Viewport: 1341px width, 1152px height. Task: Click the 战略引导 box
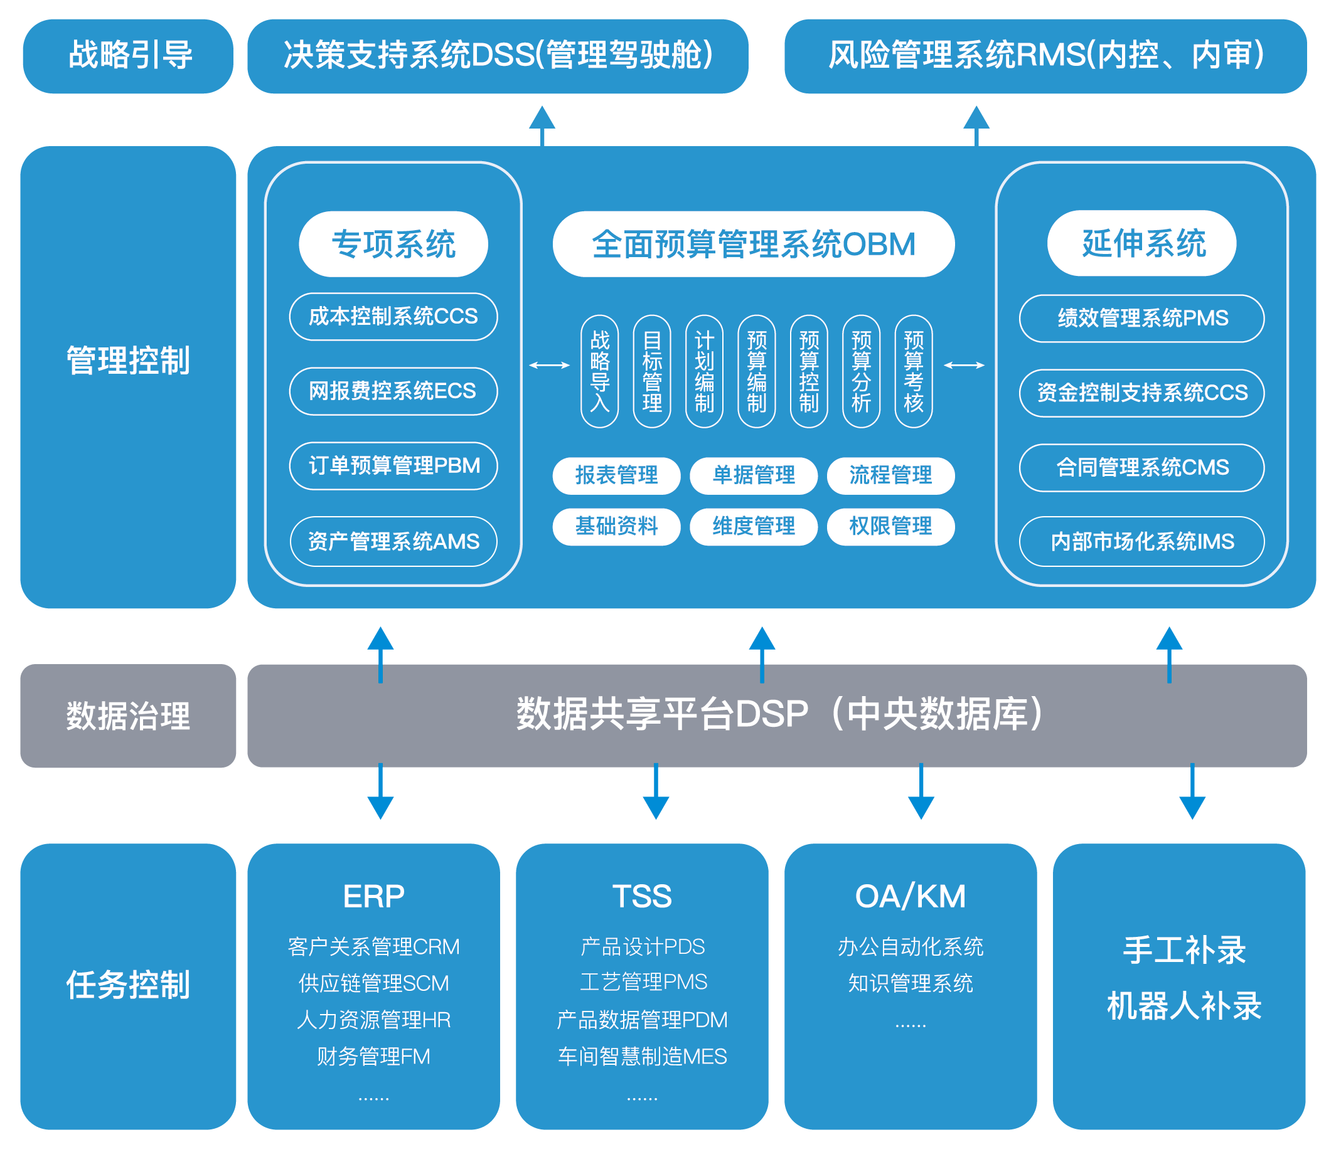coord(128,56)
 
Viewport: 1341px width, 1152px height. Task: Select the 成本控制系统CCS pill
coord(393,317)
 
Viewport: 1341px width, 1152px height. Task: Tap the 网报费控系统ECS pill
coord(393,391)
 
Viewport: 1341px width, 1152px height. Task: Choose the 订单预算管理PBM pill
coord(393,467)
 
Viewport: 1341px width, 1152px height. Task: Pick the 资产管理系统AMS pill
coord(393,541)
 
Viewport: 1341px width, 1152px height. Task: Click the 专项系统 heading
coord(393,245)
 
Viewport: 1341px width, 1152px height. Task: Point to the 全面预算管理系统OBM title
coord(754,245)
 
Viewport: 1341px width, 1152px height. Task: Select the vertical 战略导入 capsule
coord(600,371)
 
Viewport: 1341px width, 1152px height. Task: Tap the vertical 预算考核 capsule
coord(914,371)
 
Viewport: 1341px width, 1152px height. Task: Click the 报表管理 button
coord(617,476)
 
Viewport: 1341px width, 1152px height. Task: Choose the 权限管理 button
coord(891,527)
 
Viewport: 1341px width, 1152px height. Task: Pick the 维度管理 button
coord(754,527)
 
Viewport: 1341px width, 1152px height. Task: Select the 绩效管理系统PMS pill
coord(1142,318)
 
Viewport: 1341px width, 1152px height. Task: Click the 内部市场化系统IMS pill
coord(1142,541)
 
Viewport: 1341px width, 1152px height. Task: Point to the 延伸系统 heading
coord(1142,243)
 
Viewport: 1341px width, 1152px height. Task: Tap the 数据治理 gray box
coord(128,716)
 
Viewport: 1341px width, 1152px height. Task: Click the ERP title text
coord(374,897)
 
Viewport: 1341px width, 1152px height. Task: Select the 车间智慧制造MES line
coord(643,1057)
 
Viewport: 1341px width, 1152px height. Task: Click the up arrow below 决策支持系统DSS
coord(542,126)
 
